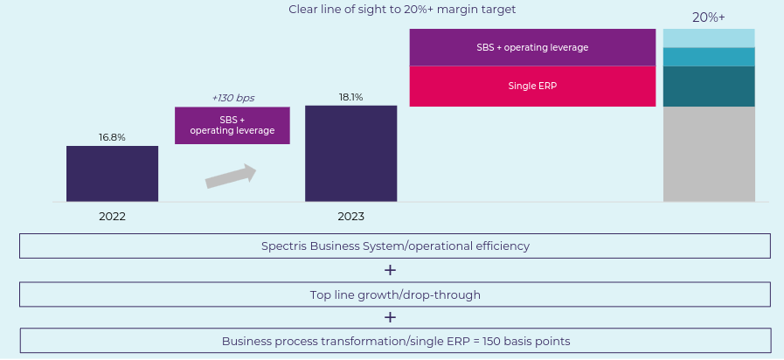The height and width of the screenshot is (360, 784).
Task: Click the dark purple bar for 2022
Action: (x=112, y=174)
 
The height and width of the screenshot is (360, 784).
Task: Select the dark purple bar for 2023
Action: (x=350, y=154)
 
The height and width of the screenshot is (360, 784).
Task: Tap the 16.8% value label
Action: (x=112, y=137)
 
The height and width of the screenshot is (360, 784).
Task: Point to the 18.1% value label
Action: (x=350, y=97)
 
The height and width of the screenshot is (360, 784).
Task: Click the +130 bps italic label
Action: (x=232, y=98)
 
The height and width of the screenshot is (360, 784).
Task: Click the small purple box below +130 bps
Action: (x=232, y=125)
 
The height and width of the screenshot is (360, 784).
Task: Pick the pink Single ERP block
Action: (x=532, y=87)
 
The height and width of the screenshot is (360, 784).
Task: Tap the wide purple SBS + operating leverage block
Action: (x=532, y=47)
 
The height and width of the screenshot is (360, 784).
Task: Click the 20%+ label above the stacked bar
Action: (x=709, y=17)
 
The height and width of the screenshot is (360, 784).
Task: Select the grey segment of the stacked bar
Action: (x=709, y=154)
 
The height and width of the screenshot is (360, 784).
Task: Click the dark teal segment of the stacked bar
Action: (x=709, y=87)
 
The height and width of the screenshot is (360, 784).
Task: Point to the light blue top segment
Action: (x=709, y=38)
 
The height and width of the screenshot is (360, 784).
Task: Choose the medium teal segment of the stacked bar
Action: (x=709, y=57)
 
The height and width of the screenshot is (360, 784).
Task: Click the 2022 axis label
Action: (x=112, y=216)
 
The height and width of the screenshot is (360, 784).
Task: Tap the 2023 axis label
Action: (x=350, y=216)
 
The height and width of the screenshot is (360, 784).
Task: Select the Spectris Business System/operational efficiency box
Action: (x=395, y=246)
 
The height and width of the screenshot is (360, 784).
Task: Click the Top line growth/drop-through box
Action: (x=395, y=294)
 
